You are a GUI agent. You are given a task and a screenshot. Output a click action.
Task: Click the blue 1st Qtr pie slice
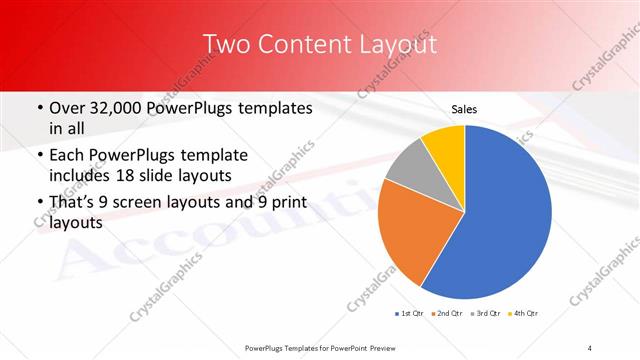point(505,215)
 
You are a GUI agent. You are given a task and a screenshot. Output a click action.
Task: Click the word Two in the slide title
point(225,45)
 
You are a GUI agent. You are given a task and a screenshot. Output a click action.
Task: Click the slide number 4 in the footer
point(590,347)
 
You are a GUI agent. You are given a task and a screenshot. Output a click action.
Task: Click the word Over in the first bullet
point(68,108)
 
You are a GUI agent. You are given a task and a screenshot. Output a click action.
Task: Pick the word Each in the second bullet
point(67,155)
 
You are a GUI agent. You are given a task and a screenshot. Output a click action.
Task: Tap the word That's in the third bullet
point(73,204)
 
